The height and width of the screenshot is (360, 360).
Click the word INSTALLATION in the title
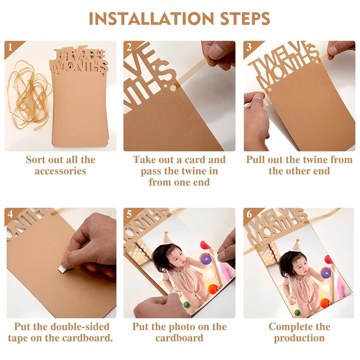[151, 19]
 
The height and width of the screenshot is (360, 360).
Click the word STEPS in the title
[245, 19]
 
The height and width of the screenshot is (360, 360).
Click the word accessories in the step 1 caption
[60, 171]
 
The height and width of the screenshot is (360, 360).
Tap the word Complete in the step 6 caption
[294, 327]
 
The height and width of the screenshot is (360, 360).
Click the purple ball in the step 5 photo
[206, 260]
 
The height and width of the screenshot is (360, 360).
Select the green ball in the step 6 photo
[297, 312]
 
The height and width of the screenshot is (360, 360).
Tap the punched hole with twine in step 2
[173, 88]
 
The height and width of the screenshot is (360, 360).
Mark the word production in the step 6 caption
[300, 338]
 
